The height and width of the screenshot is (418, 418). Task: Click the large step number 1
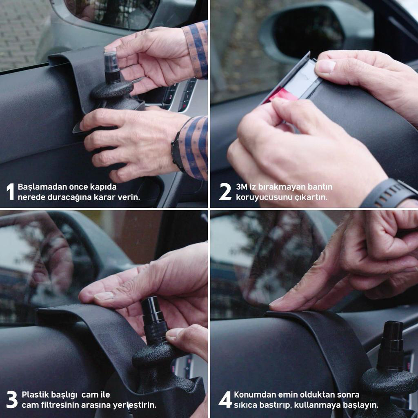point(10,191)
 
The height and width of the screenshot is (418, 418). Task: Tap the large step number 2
point(225,191)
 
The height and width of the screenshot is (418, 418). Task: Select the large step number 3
point(12,399)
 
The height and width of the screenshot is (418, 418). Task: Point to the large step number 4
point(225,399)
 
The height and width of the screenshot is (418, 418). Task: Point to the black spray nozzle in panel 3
point(153,320)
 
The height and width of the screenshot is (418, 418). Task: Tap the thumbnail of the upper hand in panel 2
point(325,66)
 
